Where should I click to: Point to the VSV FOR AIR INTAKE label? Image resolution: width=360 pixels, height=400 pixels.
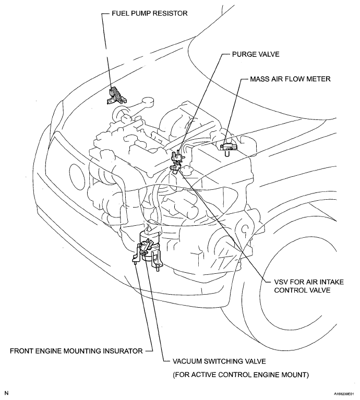[x=305, y=282]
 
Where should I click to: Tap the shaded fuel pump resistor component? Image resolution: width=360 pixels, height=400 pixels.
[x=116, y=95]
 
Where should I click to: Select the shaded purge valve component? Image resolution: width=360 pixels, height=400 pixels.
[x=181, y=156]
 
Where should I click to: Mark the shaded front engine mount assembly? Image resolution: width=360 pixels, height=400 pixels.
[x=147, y=249]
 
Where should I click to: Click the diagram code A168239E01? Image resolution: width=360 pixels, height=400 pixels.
[x=341, y=395]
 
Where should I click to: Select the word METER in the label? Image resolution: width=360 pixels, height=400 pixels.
[x=320, y=79]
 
